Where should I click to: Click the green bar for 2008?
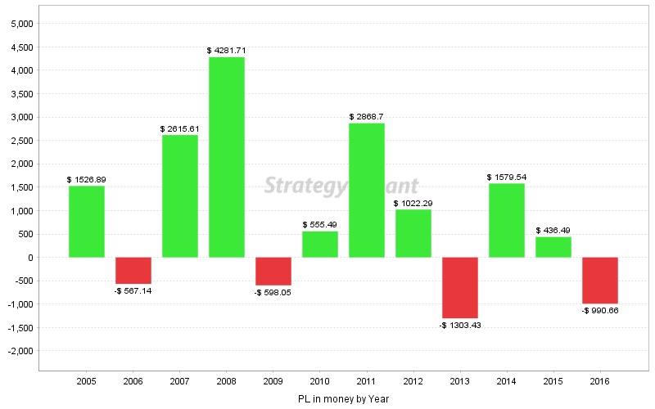227,157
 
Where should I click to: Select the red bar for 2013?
460,288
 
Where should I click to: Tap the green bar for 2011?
367,191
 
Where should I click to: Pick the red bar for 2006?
133,271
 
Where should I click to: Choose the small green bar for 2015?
553,247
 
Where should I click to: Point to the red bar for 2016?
600,281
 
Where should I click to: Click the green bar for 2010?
320,245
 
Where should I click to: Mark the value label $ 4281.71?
227,51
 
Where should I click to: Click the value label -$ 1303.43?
460,326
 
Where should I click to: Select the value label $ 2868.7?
367,117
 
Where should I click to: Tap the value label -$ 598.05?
273,293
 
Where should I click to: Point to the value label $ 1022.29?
413,203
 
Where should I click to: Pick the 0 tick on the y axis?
29,258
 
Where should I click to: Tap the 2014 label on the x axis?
507,381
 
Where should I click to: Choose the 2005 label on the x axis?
87,381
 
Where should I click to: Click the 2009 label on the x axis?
273,381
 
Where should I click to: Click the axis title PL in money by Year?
343,399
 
